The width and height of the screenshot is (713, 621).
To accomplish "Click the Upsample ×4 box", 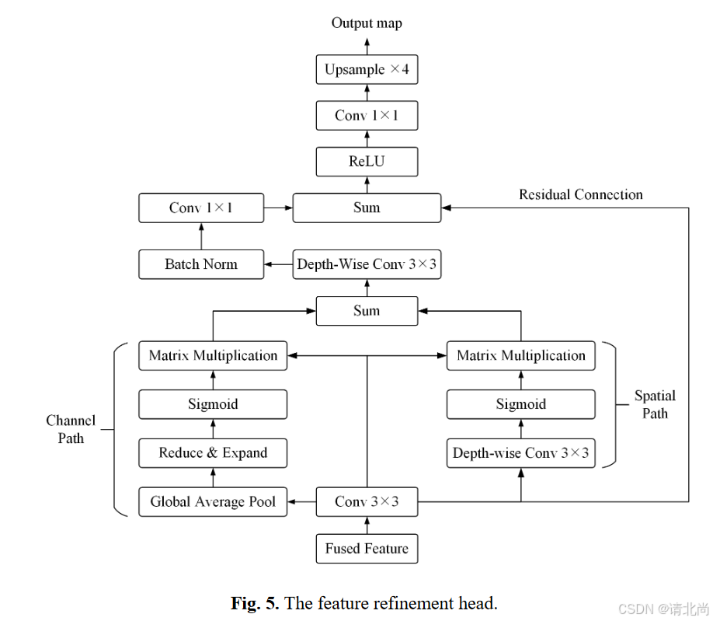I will point(367,70).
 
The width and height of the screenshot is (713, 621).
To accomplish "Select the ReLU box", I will point(367,162).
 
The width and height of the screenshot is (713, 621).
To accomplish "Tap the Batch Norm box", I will point(200,264).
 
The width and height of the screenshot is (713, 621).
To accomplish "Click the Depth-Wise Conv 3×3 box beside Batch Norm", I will point(367,264).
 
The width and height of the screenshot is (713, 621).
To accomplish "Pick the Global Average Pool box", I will point(213,502).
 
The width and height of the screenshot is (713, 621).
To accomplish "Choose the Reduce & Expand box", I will point(213,453).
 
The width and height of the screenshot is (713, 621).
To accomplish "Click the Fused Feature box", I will point(367,549).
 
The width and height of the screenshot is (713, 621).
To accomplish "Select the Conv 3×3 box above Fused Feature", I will point(367,502).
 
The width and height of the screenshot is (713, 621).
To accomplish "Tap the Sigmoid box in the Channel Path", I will point(213,404).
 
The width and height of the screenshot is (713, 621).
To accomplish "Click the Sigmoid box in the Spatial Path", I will point(520,404).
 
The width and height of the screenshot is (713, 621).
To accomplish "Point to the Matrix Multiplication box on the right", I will point(520,356).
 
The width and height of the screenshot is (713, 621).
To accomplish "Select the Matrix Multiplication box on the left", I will point(213,356).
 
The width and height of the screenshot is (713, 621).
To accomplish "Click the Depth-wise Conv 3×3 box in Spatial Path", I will point(520,453).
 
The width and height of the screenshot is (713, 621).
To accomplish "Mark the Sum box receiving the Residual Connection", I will point(367,208).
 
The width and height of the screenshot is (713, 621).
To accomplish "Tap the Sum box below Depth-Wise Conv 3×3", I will point(367,311).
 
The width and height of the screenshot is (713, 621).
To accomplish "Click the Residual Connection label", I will point(580,194).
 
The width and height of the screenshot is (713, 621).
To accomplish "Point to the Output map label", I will point(367,23).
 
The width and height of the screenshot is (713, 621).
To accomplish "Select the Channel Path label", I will point(71,429).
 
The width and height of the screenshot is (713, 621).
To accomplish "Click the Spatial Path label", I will point(654,404).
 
